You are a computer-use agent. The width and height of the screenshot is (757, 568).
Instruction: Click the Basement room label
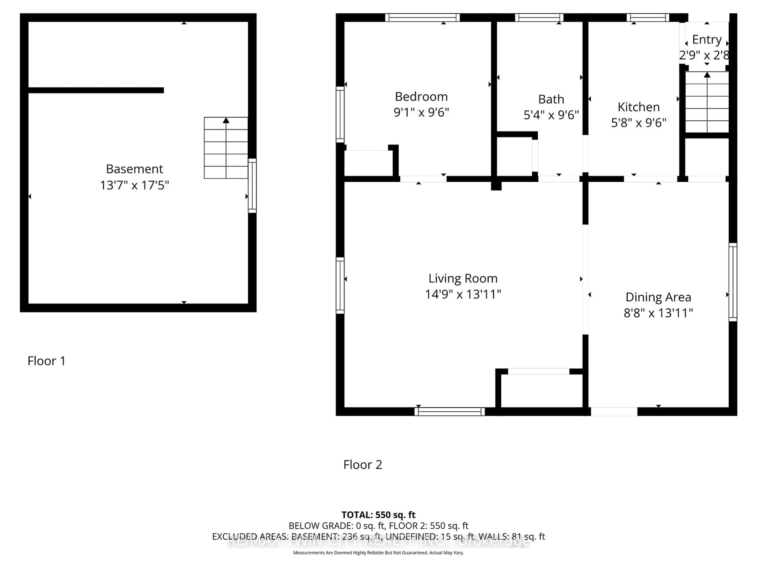pos(134,169)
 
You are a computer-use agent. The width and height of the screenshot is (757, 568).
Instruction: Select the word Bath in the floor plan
pos(551,99)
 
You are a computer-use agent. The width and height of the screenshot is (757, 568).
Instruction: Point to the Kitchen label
pos(638,107)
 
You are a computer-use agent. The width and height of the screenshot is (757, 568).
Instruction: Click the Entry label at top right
pos(707,40)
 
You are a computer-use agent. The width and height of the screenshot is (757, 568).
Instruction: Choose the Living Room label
pos(463,279)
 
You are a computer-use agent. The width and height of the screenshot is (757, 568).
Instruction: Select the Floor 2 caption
pos(362,465)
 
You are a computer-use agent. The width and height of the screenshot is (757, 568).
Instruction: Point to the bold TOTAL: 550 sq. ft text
pos(378,515)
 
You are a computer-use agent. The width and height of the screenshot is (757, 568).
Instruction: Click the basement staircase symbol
pos(226,148)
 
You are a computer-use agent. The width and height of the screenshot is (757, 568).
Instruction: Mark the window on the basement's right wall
pos(252,186)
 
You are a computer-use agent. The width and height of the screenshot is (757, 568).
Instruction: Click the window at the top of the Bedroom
pos(422,18)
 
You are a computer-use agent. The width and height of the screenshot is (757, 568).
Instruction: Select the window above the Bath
pos(539,18)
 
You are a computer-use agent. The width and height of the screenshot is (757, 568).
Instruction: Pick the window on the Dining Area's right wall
pos(733,282)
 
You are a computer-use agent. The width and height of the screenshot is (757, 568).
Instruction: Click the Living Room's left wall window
pos(340,285)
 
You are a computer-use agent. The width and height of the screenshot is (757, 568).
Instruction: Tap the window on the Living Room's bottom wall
pos(449,412)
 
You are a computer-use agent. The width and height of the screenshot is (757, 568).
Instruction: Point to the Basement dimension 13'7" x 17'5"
pos(134,185)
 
